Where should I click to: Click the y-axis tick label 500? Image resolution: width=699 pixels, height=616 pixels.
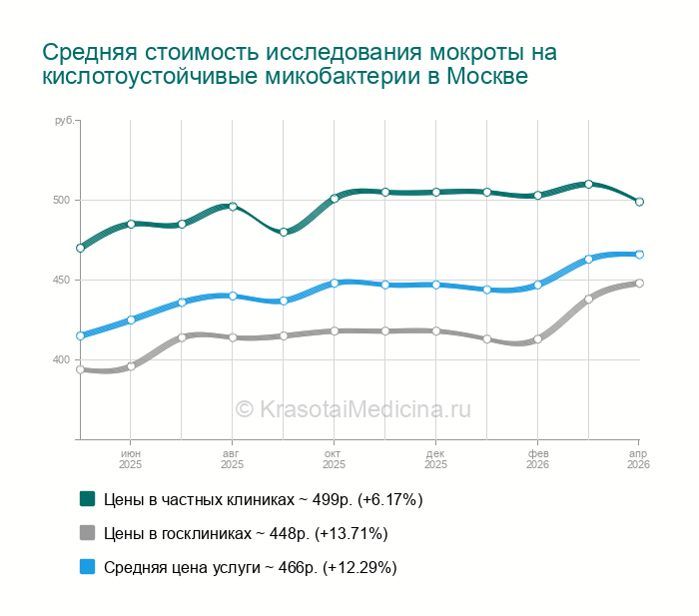[62, 200]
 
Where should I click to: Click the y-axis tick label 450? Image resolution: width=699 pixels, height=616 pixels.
[62, 280]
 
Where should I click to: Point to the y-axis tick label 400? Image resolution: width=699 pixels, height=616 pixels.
[62, 359]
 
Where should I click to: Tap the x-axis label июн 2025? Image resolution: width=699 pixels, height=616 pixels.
[131, 459]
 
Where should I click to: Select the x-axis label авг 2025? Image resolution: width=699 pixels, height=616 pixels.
[232, 459]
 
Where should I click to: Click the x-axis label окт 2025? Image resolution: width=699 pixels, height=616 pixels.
[334, 459]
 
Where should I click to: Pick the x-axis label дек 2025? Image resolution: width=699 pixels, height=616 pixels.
[435, 459]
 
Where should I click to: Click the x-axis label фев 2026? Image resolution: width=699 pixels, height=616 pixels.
[537, 459]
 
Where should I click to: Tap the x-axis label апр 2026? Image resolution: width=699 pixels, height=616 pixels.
[638, 459]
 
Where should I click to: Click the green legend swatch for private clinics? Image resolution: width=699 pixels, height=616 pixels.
[87, 498]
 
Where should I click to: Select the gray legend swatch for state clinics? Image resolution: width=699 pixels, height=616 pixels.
[87, 533]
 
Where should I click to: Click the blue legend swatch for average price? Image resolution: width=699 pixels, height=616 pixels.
[87, 567]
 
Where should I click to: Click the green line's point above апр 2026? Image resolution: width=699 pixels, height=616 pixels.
[639, 202]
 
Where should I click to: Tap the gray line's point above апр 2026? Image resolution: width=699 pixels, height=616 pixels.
[639, 283]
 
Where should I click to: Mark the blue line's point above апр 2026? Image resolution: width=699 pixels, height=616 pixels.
[639, 255]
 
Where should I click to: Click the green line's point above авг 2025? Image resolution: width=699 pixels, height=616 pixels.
[233, 207]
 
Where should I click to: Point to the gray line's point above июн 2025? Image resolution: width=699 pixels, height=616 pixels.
[131, 366]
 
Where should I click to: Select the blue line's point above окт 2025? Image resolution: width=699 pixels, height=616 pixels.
[335, 283]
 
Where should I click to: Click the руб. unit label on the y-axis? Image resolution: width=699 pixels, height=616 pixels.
[64, 121]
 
